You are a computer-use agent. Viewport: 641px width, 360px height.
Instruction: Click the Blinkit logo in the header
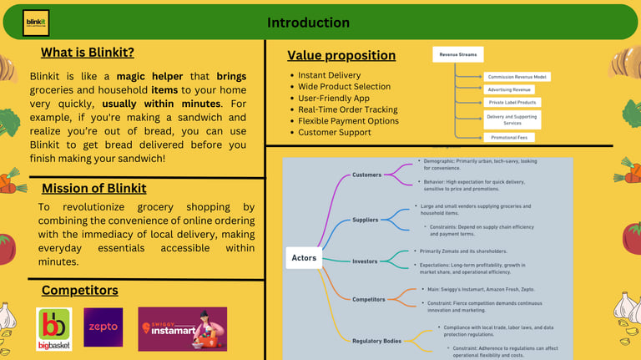36,23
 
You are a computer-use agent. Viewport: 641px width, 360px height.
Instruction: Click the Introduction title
308,23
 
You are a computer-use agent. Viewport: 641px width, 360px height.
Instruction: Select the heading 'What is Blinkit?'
88,53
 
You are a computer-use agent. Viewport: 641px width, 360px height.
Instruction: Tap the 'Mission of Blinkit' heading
93,188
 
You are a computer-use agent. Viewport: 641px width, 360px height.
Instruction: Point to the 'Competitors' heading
80,291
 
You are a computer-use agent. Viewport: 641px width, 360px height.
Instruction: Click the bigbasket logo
54,328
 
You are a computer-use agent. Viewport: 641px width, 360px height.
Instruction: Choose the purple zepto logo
103,327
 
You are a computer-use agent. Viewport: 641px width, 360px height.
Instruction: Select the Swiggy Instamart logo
182,328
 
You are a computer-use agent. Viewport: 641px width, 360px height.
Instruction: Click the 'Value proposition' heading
341,56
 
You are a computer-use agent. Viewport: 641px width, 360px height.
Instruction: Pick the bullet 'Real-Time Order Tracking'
347,109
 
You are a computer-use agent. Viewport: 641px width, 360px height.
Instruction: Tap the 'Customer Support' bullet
335,133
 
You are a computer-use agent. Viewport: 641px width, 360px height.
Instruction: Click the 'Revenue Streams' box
457,54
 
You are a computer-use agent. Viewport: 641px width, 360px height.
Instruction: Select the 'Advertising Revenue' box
508,89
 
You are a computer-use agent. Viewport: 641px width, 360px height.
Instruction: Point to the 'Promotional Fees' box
509,137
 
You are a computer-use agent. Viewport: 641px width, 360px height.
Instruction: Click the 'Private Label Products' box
512,103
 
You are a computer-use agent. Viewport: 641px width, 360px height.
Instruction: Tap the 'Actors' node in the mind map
304,258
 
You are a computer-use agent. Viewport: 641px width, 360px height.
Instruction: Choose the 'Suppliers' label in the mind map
365,221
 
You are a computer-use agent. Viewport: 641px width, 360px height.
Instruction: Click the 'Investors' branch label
365,261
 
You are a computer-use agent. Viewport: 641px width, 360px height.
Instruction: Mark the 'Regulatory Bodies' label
376,341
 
